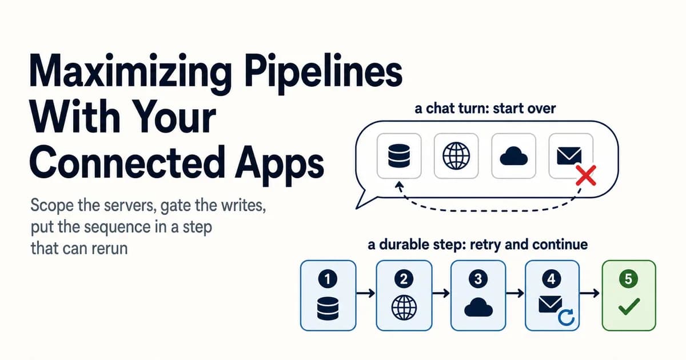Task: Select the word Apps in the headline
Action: pyautogui.click(x=280, y=164)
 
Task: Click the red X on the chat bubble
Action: pyautogui.click(x=586, y=175)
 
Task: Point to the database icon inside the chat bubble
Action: pyautogui.click(x=399, y=156)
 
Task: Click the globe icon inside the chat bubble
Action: pyautogui.click(x=456, y=156)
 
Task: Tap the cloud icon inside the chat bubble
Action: pyautogui.click(x=513, y=156)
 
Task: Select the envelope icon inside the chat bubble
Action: pyautogui.click(x=569, y=156)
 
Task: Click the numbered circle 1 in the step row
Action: pyautogui.click(x=328, y=279)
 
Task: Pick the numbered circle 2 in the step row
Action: pyautogui.click(x=404, y=279)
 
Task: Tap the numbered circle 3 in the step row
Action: pyautogui.click(x=478, y=279)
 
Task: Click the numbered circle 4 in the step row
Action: pyautogui.click(x=552, y=279)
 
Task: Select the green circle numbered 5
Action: pyautogui.click(x=628, y=279)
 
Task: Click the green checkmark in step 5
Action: pyautogui.click(x=629, y=306)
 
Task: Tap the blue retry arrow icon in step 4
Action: pyautogui.click(x=566, y=318)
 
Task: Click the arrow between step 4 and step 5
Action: pyautogui.click(x=589, y=293)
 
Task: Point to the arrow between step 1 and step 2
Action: pyautogui.click(x=366, y=293)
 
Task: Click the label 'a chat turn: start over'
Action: pyautogui.click(x=485, y=109)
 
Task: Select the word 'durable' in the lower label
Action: pyautogui.click(x=422, y=245)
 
